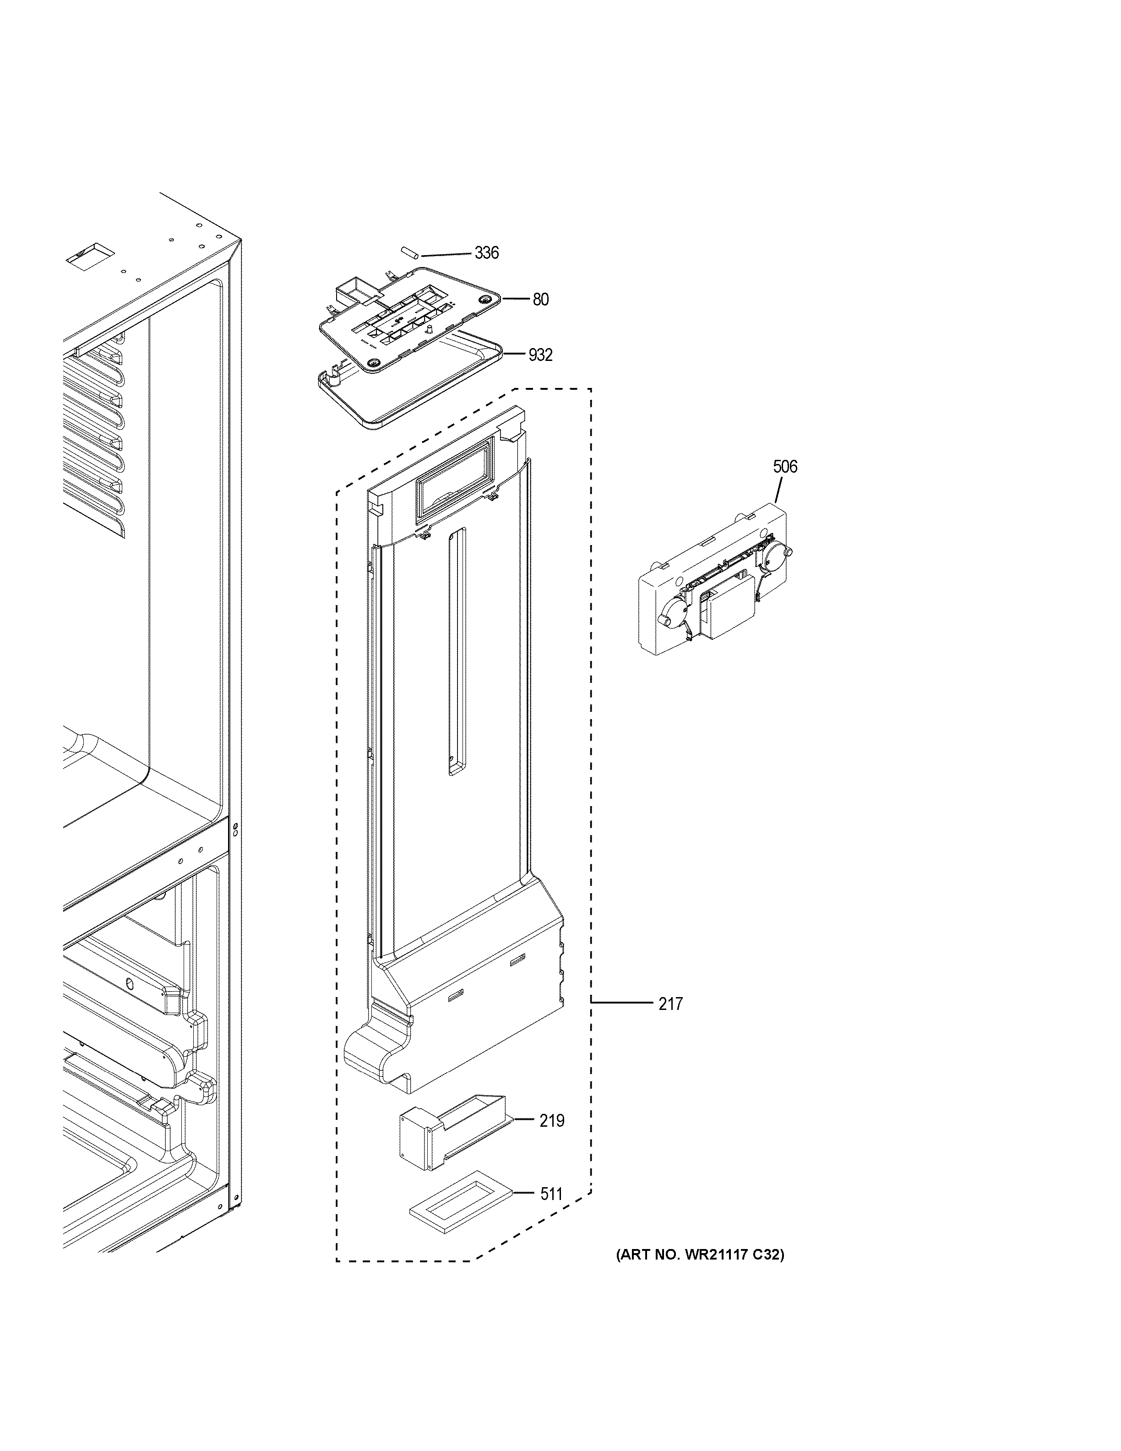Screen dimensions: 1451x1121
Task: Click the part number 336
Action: (x=486, y=253)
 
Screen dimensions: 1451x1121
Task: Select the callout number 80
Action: (x=540, y=300)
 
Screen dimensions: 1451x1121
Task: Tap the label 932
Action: (x=540, y=355)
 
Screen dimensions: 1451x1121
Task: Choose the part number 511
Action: (x=550, y=1195)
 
